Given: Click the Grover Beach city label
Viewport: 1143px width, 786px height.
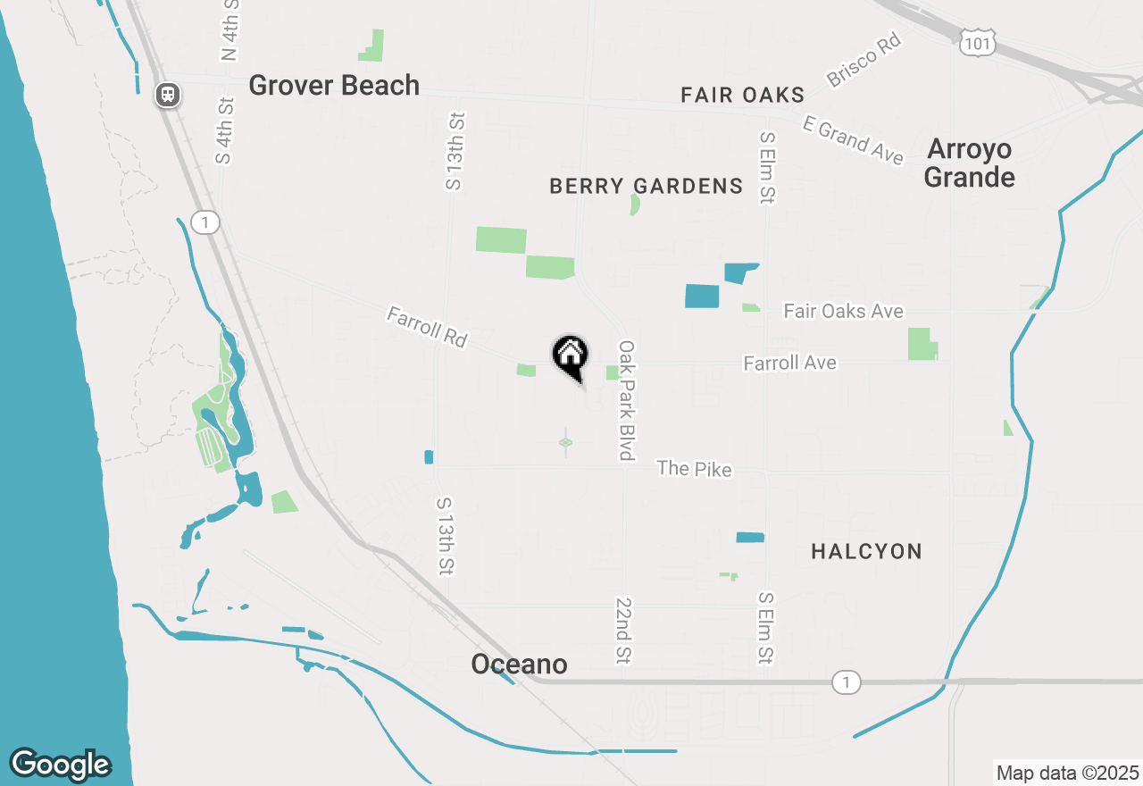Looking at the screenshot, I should (334, 86).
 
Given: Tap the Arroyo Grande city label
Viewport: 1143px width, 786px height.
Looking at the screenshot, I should (969, 163).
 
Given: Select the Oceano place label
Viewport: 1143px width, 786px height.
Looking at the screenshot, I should (519, 665).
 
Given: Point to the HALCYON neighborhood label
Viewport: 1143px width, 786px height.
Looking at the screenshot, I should (866, 552).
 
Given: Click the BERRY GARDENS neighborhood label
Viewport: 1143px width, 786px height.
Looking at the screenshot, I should (646, 187).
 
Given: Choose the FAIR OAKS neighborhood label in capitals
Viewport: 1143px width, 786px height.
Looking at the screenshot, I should (742, 96).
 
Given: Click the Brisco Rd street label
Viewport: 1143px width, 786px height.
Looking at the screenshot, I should (864, 61).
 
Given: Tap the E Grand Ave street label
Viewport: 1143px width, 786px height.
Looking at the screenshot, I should (853, 140).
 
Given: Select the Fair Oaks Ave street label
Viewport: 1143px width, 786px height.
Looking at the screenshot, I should (843, 312).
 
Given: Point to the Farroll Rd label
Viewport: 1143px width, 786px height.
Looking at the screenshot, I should (427, 327).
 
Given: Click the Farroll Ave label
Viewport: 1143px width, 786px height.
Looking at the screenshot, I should (789, 363).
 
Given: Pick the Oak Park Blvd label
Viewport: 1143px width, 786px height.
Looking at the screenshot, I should (627, 399).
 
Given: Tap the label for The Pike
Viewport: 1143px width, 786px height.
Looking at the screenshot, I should (694, 468).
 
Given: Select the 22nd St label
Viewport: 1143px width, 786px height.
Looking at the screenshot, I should (622, 631).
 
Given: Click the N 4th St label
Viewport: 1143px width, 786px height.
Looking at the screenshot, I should (230, 29).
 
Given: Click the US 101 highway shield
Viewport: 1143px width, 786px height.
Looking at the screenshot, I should (978, 41).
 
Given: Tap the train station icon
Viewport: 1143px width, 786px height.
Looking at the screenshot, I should (168, 94).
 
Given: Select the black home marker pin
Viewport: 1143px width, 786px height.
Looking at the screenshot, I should (570, 356).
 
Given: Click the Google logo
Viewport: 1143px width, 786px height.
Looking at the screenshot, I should (60, 765).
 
